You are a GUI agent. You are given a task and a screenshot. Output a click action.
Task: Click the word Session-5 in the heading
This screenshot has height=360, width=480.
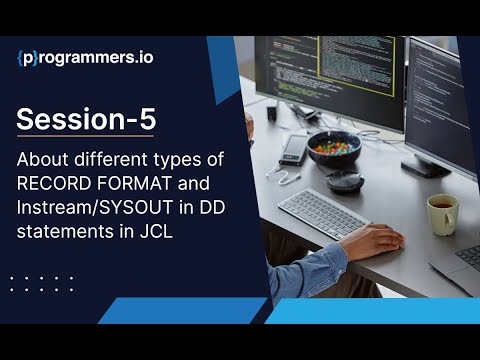tap(87, 119)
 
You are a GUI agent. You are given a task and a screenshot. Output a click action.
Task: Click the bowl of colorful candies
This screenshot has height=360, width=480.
tap(333, 147)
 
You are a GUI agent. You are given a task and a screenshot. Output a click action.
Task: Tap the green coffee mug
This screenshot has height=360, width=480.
tap(442, 213)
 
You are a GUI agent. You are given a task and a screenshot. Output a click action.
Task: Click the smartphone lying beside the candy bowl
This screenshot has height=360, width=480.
tap(293, 148)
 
